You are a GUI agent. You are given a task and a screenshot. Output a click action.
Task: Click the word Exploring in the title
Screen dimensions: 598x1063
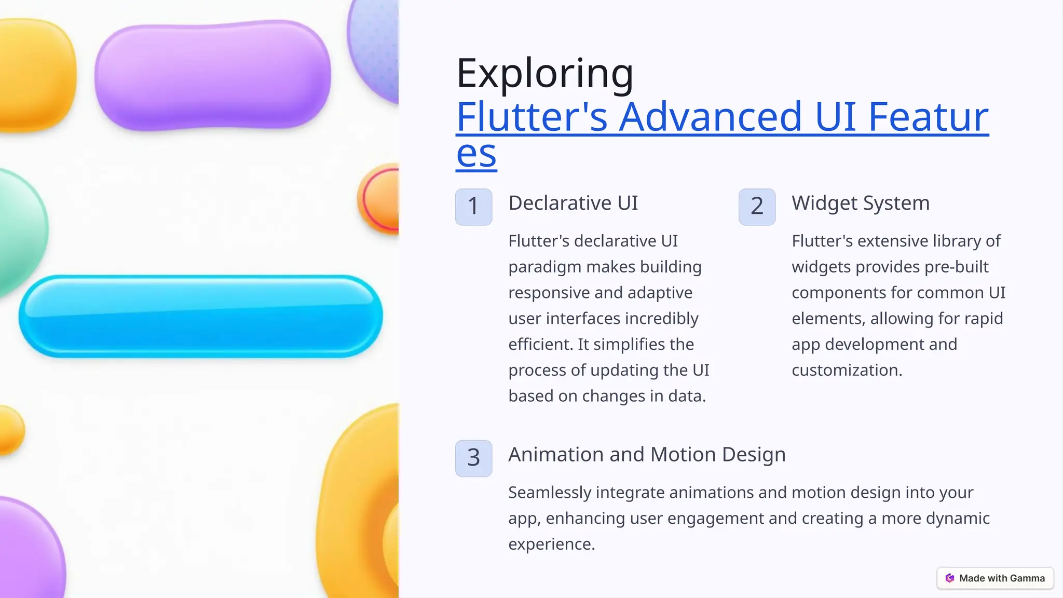point(544,74)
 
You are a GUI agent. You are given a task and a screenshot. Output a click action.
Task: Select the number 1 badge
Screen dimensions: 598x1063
point(473,207)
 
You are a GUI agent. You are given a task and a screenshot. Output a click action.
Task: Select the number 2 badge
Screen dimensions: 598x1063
point(757,207)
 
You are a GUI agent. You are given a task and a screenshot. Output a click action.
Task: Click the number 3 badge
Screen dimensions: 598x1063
point(473,458)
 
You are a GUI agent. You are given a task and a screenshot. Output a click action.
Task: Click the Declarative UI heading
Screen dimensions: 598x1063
point(573,203)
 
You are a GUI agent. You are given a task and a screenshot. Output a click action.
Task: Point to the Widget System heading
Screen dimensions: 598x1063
point(861,203)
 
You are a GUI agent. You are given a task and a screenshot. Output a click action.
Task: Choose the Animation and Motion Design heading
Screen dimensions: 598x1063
point(647,454)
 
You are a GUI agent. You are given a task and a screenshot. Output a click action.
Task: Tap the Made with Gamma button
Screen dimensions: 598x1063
point(995,578)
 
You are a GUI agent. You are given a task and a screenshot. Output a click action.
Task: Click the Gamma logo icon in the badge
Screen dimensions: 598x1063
point(950,578)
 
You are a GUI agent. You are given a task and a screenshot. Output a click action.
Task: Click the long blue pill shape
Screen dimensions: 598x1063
point(200,316)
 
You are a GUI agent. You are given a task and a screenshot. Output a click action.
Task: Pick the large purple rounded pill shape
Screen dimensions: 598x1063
point(213,75)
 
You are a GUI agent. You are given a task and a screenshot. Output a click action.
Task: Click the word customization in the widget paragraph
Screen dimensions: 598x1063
point(847,370)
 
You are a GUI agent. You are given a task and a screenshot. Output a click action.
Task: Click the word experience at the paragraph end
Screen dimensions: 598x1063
point(551,544)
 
